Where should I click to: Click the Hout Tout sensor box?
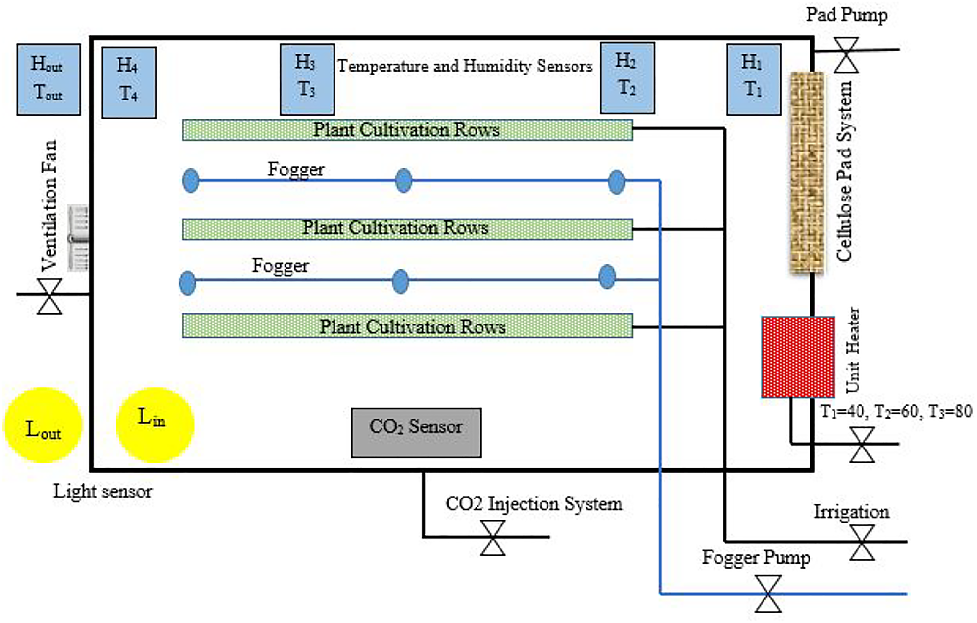48,79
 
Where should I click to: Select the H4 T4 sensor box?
129,82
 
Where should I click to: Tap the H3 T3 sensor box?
307,79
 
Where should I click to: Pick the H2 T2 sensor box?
627,78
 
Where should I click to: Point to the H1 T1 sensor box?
753,79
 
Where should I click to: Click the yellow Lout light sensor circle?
43,425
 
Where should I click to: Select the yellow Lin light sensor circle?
155,424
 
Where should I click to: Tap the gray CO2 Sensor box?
416,433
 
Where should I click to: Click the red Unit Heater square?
798,356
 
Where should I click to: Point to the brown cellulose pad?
807,172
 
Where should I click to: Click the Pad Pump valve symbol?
846,55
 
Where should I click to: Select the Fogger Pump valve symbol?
768,594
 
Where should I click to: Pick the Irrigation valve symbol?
861,542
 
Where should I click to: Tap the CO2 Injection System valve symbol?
493,538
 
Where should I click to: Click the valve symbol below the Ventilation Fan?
49,296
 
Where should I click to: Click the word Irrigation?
851,512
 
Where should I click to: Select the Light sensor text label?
102,491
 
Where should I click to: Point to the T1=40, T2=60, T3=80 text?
896,411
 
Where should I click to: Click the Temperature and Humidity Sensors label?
464,66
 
